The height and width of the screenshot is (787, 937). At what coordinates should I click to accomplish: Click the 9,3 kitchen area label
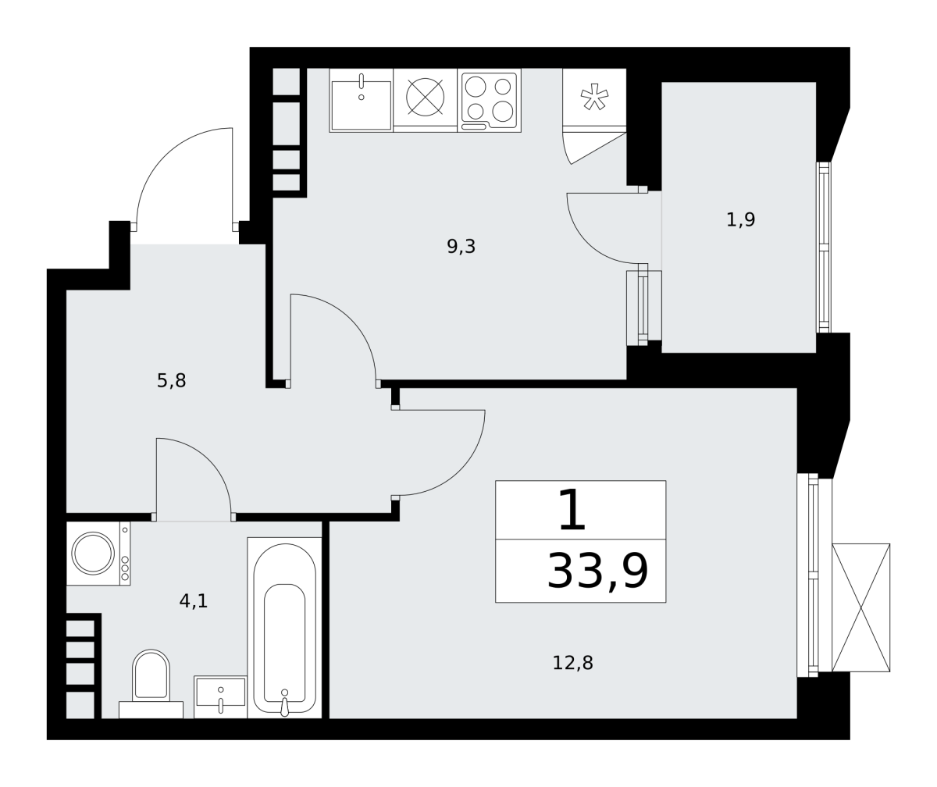tap(461, 247)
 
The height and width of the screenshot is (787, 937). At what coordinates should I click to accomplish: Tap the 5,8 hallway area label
tap(171, 381)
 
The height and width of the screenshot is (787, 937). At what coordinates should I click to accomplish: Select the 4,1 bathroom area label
tap(194, 601)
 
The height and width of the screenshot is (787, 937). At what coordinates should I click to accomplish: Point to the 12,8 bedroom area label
tap(572, 663)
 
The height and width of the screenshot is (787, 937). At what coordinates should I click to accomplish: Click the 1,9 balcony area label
tap(740, 220)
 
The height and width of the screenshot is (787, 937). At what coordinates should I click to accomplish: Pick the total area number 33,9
tap(598, 572)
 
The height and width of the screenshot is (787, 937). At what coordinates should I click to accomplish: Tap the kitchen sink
tap(362, 101)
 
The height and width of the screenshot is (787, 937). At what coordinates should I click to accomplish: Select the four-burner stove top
tap(489, 101)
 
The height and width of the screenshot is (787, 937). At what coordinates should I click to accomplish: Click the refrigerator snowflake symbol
tap(594, 97)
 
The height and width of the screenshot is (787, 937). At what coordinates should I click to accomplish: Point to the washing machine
tap(98, 554)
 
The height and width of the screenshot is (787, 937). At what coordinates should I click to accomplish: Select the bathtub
tap(284, 628)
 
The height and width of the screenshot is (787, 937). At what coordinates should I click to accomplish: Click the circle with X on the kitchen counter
tap(426, 97)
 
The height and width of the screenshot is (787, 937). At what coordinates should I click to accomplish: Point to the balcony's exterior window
tap(824, 247)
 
